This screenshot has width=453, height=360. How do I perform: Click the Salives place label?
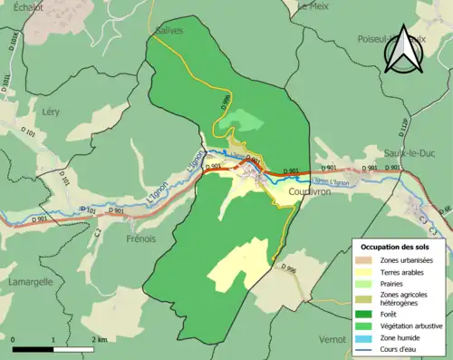click(x=169, y=30)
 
